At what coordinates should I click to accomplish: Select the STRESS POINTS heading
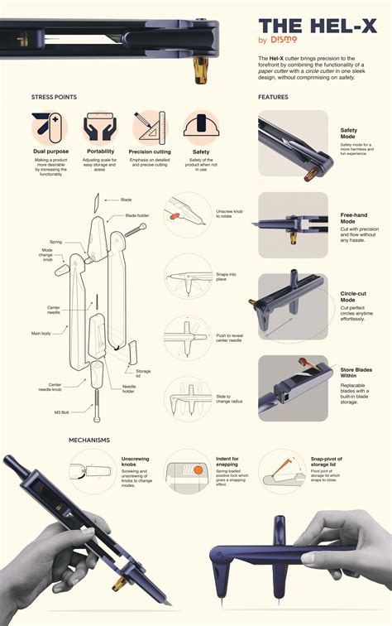tap(55, 97)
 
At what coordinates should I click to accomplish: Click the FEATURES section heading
tap(273, 97)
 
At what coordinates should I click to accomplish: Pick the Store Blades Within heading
tap(358, 373)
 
